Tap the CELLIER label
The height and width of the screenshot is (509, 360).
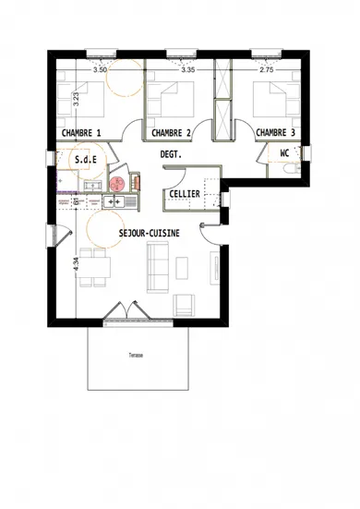tap(182, 194)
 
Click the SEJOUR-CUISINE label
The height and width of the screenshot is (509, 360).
tap(149, 235)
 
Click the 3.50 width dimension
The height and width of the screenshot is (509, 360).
tap(101, 70)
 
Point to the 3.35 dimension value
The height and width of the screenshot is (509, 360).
tap(187, 70)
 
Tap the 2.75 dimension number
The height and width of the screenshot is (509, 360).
tap(266, 70)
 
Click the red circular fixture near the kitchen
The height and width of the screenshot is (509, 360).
tap(116, 185)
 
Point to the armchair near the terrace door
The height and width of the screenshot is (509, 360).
tap(186, 303)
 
